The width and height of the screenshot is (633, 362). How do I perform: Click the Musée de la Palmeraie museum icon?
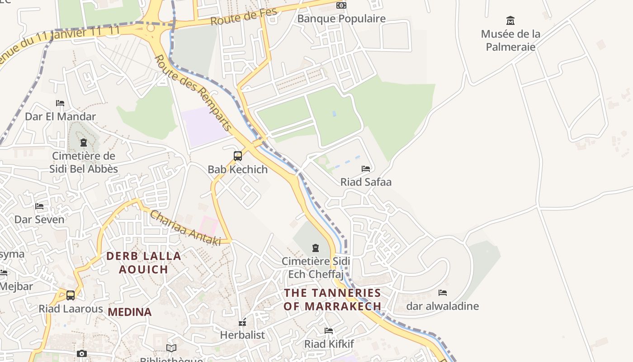click(510, 20)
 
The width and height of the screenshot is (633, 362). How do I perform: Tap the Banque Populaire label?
click(341, 19)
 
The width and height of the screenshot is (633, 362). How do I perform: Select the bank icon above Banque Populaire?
click(341, 5)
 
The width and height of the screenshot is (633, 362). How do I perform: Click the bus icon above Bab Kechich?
click(238, 156)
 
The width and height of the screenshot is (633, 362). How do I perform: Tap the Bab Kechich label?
click(238, 169)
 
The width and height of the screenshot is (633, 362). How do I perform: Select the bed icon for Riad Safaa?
click(366, 169)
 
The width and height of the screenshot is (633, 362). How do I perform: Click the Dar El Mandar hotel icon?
click(60, 103)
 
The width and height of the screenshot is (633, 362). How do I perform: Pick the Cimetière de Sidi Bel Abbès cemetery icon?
click(84, 143)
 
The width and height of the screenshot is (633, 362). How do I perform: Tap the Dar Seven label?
click(39, 219)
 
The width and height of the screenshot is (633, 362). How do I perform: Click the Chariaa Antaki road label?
click(185, 228)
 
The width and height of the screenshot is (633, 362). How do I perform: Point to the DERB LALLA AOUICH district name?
click(143, 262)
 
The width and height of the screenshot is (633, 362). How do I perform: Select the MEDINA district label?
click(130, 312)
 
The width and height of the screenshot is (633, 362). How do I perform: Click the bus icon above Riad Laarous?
click(71, 295)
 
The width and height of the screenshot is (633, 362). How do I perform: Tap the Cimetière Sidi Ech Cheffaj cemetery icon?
click(316, 248)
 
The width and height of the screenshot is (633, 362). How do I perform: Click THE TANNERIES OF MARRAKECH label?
click(332, 300)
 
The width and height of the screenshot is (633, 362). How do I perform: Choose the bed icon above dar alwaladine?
click(443, 293)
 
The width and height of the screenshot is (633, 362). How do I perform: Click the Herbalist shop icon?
click(243, 322)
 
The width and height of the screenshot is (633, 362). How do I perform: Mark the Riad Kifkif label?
click(329, 344)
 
